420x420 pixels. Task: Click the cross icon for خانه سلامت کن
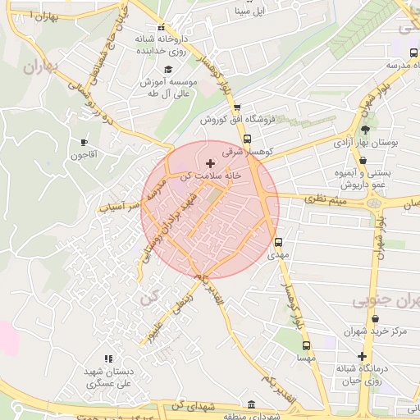click(210, 164)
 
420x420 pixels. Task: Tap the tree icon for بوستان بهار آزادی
click(365, 129)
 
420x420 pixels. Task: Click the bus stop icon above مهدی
click(278, 242)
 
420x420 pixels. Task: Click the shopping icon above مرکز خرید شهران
click(351, 318)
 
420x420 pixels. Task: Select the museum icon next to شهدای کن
click(251, 405)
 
